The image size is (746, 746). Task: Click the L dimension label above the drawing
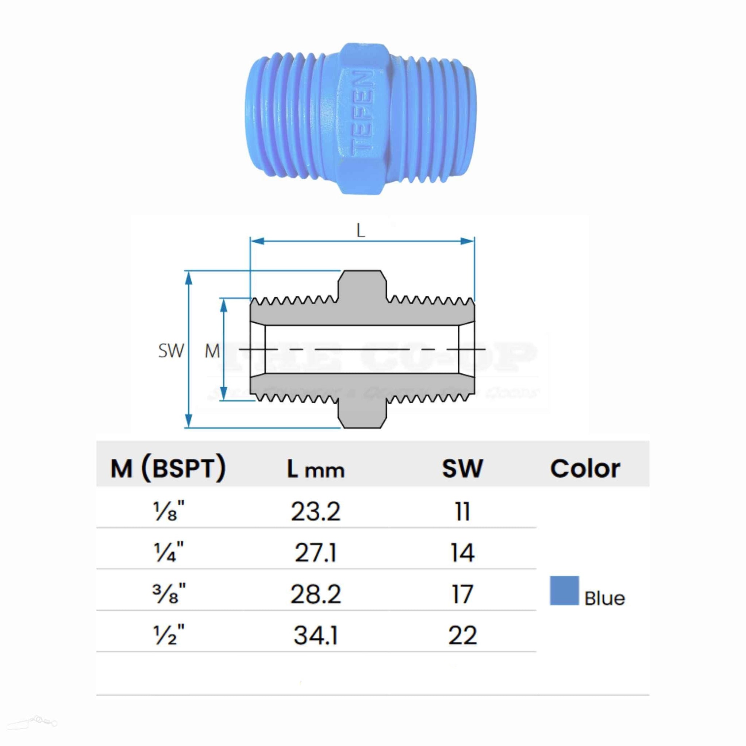pos(360,231)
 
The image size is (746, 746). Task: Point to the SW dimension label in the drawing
pos(171,351)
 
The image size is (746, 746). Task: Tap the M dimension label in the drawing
pos(212,351)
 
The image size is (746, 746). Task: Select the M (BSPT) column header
pos(168,468)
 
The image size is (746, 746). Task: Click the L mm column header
pos(315,469)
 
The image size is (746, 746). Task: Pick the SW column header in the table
pos(462,469)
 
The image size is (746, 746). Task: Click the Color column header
pos(585,469)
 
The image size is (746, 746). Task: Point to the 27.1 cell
pos(315,553)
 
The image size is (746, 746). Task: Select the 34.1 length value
pos(315,635)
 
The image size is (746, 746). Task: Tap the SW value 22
pos(462,635)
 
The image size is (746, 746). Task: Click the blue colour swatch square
pos(564,591)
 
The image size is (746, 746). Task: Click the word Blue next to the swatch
pos(604,599)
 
